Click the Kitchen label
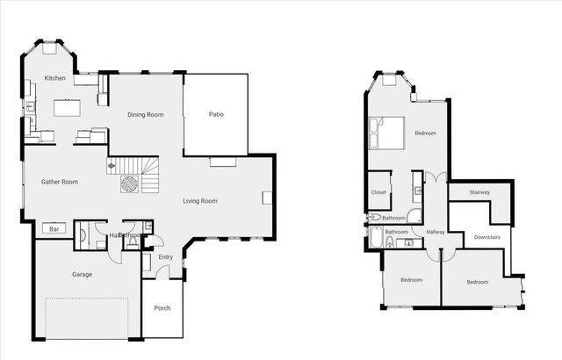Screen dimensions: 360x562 55,79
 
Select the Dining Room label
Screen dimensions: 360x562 146,115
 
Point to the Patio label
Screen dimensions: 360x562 215,114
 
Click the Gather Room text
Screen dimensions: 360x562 60,182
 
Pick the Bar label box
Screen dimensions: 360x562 54,229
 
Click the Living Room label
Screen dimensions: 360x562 200,201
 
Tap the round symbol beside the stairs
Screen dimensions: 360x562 129,184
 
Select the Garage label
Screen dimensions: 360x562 82,274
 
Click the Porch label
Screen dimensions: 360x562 162,308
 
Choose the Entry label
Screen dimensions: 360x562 166,257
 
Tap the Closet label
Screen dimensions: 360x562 378,192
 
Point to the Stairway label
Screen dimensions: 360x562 479,192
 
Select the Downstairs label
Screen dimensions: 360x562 487,237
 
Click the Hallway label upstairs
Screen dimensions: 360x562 436,232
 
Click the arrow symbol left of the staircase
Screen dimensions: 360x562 112,165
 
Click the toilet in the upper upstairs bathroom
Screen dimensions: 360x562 375,217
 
